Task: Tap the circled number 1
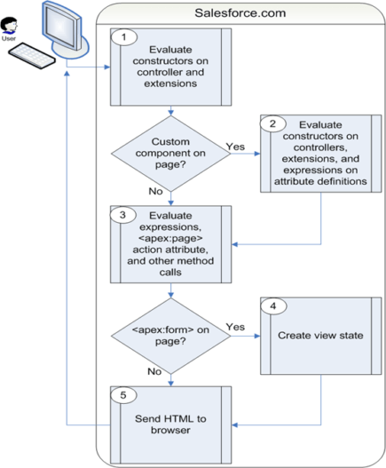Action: tap(124, 38)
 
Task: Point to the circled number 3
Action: tap(124, 213)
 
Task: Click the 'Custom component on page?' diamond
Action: tap(170, 153)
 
